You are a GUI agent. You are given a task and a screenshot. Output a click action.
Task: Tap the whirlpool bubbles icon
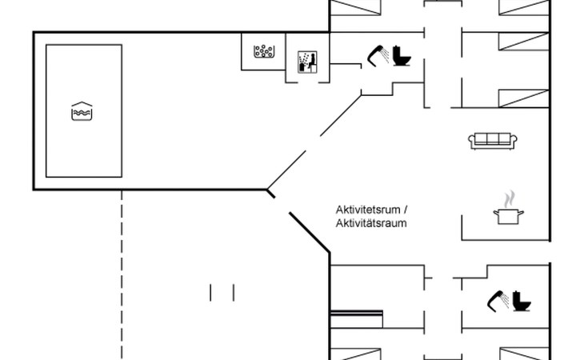(x=263, y=53)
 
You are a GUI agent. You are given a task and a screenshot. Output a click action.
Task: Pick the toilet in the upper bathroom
(x=401, y=58)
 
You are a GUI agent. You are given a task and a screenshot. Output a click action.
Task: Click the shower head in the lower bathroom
(x=498, y=298)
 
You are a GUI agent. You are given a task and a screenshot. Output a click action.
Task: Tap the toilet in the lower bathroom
(x=522, y=302)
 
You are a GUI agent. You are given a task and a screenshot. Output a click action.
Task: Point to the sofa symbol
(x=492, y=140)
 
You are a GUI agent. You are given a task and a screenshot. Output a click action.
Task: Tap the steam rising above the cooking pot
(x=506, y=198)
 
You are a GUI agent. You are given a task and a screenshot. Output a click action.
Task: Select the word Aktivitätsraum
(x=371, y=223)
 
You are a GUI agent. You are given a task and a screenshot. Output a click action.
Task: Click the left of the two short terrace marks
(x=210, y=293)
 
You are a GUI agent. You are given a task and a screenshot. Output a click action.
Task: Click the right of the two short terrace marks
(x=234, y=293)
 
